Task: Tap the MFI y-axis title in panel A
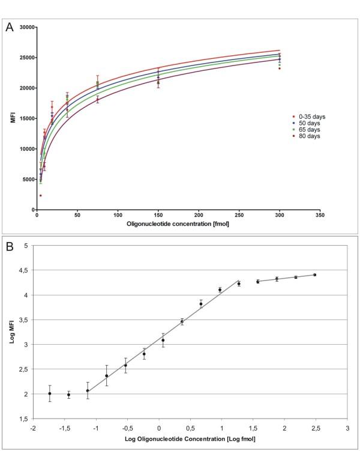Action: [x=11, y=118]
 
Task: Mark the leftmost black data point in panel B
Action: [x=50, y=393]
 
